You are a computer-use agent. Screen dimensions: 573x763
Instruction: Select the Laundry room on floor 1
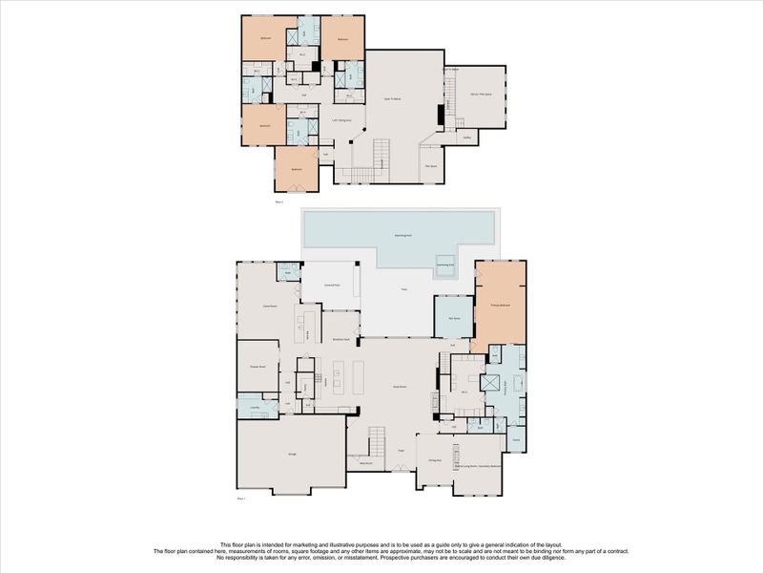coord(255,406)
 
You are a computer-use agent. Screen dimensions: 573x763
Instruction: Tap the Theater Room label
coord(257,366)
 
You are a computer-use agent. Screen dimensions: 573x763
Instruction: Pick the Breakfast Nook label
coord(340,339)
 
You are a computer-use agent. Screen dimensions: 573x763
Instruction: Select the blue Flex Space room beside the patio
coord(454,320)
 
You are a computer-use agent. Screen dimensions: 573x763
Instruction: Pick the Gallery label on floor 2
coord(467,137)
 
